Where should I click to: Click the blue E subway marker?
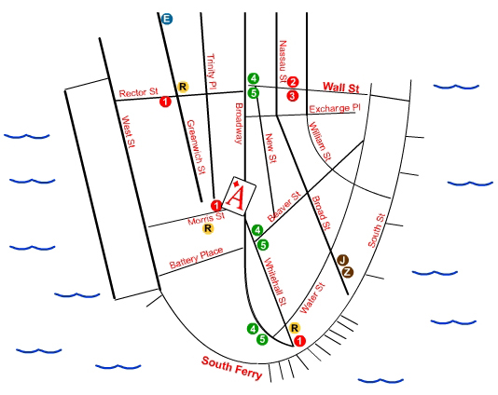point(167,19)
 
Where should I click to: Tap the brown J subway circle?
point(342,261)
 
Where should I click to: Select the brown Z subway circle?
point(348,272)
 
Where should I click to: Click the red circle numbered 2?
point(293,82)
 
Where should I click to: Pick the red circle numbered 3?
point(293,96)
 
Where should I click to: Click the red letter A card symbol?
point(239,197)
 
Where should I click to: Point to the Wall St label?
point(341,88)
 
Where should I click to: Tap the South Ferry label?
point(232,368)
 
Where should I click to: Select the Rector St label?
point(138,92)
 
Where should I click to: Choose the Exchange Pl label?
point(335,108)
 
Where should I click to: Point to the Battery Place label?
point(196,258)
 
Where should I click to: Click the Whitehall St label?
point(275,281)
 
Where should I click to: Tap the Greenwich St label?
point(196,147)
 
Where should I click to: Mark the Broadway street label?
point(239,123)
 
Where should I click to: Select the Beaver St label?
point(284,206)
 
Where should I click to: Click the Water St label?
point(312,298)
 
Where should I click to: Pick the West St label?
point(129,131)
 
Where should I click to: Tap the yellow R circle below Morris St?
point(208,228)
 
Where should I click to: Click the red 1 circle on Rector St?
point(165,102)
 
